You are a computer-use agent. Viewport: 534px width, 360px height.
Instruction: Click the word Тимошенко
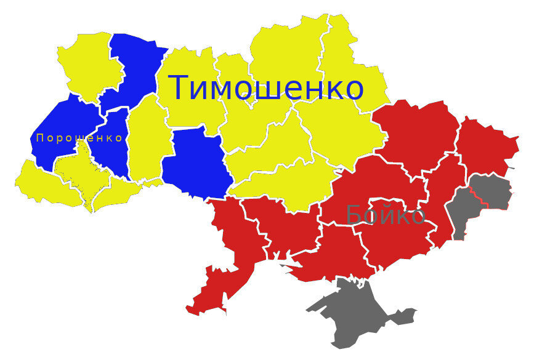pyautogui.click(x=266, y=88)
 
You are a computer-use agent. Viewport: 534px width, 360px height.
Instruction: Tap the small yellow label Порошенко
pyautogui.click(x=79, y=138)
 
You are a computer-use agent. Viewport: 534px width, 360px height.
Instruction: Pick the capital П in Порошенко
pyautogui.click(x=40, y=138)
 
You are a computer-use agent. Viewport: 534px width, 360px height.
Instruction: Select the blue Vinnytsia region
pyautogui.click(x=197, y=163)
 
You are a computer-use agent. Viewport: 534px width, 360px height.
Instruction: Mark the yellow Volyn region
pyautogui.click(x=86, y=62)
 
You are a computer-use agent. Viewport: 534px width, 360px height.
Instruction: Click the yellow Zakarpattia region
pyautogui.click(x=43, y=182)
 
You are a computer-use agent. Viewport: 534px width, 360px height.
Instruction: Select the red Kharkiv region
pyautogui.click(x=419, y=129)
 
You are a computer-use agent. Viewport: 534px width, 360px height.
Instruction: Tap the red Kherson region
pyautogui.click(x=336, y=255)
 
